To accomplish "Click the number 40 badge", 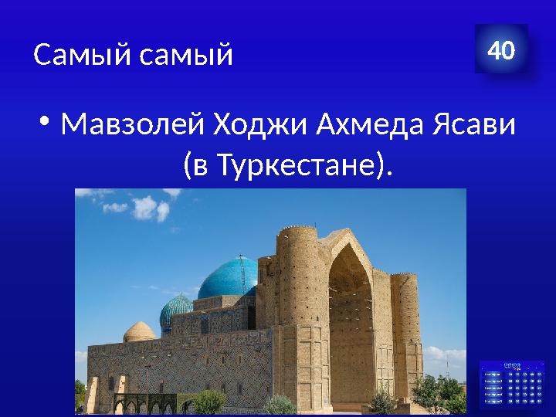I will (x=500, y=52).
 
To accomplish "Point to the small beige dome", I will (x=139, y=331).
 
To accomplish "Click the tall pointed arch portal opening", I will (x=351, y=309).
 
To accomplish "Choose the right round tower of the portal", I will (x=405, y=309).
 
